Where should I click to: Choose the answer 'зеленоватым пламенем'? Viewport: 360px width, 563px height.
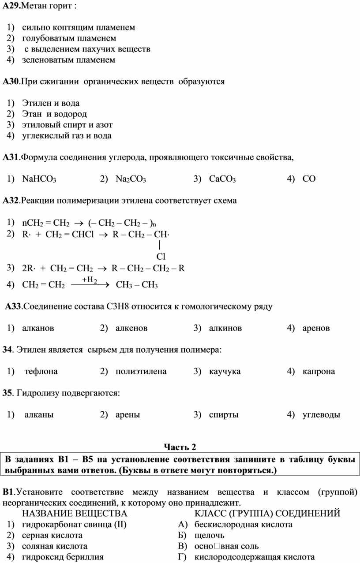69,60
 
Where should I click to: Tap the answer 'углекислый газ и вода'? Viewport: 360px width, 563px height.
67,136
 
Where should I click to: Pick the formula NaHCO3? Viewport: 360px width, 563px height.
39,179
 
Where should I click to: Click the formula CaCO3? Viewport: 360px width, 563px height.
222,179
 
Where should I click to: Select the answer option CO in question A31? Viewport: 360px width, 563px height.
309,179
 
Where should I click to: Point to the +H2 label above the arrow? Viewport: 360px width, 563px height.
89,280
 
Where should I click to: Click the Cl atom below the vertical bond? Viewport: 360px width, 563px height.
161,256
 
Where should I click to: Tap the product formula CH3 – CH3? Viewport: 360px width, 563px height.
136,285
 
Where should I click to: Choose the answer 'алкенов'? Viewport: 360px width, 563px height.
131,328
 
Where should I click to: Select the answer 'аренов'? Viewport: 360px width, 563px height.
316,328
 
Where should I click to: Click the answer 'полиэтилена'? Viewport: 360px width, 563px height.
141,371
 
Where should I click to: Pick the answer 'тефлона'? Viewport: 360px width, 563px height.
41,371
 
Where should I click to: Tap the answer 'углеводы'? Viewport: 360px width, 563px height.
321,414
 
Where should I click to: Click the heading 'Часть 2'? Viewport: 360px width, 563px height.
180,447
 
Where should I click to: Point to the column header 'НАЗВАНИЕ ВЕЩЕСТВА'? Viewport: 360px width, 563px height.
75,514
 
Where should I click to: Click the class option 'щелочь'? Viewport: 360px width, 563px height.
209,536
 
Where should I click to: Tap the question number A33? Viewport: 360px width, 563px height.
13,306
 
